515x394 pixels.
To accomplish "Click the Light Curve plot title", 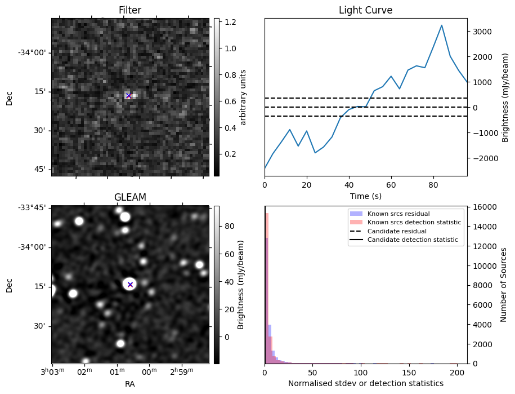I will (x=365, y=10).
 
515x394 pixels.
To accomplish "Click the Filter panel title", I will (x=130, y=10).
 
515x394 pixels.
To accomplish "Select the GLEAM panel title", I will (x=130, y=197).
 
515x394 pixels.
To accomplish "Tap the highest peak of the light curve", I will (x=442, y=25).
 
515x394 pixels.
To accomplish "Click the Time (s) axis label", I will (x=365, y=195).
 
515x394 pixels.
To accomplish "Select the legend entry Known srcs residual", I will (x=398, y=214).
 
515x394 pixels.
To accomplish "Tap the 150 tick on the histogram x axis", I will (x=409, y=373).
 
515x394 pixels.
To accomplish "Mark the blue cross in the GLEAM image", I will (x=130, y=285).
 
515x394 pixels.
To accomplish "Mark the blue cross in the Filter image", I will (x=128, y=96).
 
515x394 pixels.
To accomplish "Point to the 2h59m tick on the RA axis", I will (x=182, y=371).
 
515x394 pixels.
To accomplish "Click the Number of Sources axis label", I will (x=504, y=285).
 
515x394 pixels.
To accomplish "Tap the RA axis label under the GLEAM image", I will (x=130, y=383).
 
